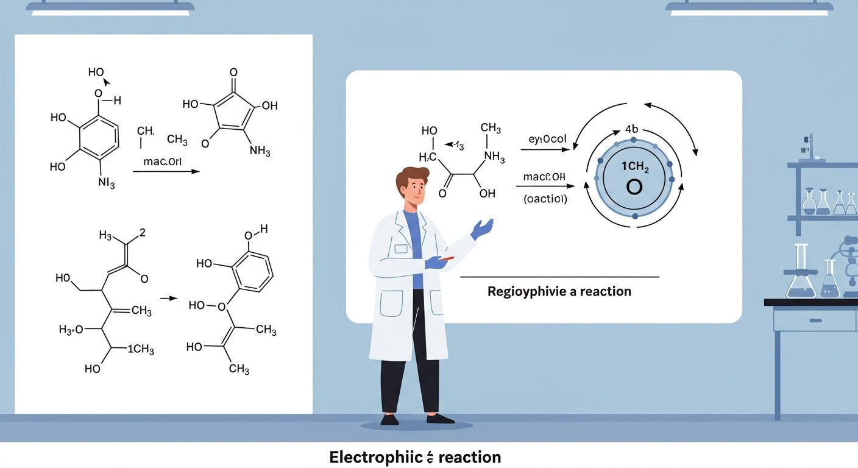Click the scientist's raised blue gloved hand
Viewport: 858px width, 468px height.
point(483,229)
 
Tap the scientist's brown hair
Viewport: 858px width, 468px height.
point(413,177)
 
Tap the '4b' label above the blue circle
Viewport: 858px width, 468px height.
point(631,130)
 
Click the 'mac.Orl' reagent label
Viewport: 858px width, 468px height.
point(163,162)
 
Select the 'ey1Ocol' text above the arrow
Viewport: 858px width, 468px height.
point(548,139)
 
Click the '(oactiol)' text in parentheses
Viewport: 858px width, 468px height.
point(545,198)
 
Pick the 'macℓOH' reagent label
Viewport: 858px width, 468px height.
point(544,177)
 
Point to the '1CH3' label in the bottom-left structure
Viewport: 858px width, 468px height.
point(141,350)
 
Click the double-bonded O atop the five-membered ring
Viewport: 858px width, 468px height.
point(233,73)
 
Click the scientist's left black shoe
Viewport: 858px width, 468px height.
point(390,419)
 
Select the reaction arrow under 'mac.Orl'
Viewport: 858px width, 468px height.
point(166,172)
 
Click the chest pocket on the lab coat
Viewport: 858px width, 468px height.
point(400,248)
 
